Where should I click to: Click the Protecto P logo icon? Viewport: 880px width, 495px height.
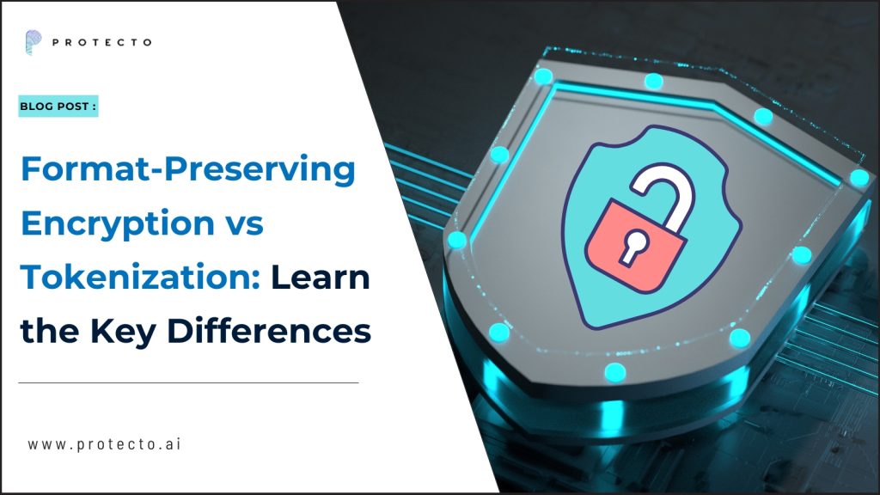[33, 41]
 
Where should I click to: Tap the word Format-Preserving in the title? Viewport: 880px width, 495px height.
[187, 171]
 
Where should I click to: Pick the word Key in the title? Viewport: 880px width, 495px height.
[129, 331]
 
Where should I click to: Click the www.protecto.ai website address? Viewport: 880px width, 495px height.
[104, 444]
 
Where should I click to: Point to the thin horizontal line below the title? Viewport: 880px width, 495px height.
[188, 382]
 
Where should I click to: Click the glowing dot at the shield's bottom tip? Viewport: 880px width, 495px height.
[614, 371]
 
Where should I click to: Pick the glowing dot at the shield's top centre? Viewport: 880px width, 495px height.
[654, 82]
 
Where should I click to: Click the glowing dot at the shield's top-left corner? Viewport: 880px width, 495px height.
[542, 76]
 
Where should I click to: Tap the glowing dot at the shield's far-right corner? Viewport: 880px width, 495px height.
[859, 178]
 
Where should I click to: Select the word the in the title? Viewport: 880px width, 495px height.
[47, 331]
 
